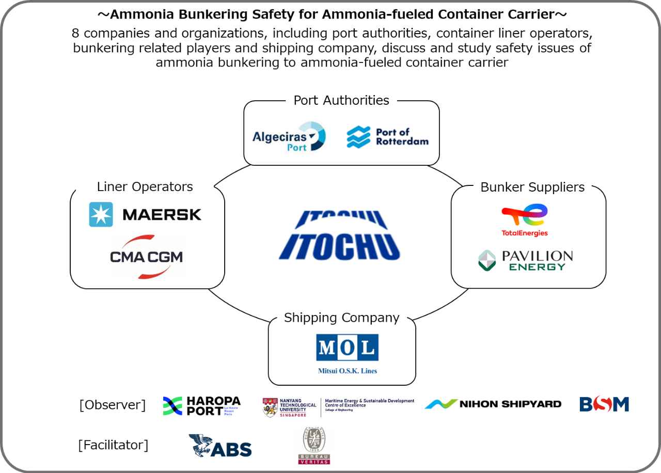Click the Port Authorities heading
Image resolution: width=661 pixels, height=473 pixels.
(341, 100)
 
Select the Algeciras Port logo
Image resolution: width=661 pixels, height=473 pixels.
(289, 137)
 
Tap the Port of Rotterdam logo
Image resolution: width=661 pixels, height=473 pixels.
(387, 137)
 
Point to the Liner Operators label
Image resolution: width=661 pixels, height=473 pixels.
(145, 186)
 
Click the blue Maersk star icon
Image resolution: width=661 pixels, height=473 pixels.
(101, 214)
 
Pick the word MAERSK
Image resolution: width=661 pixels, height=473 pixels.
(162, 214)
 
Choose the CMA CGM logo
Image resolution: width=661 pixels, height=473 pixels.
(146, 257)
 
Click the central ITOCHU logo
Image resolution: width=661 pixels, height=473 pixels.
(338, 232)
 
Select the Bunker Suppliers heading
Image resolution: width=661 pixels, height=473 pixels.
(532, 187)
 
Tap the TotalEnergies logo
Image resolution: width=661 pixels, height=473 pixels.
(525, 220)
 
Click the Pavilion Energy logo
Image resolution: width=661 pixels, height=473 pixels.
(525, 261)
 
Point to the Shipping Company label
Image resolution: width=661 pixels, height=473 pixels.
(341, 317)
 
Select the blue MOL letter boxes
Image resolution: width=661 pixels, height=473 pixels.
(347, 347)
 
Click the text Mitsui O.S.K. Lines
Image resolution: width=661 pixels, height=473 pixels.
(347, 371)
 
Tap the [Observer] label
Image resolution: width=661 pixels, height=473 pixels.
(112, 404)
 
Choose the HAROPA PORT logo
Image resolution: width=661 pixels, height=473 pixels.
(201, 406)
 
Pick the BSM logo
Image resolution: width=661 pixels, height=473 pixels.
(604, 404)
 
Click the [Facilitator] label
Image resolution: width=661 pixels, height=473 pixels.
(113, 445)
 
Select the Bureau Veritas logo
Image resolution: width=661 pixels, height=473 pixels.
(313, 448)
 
